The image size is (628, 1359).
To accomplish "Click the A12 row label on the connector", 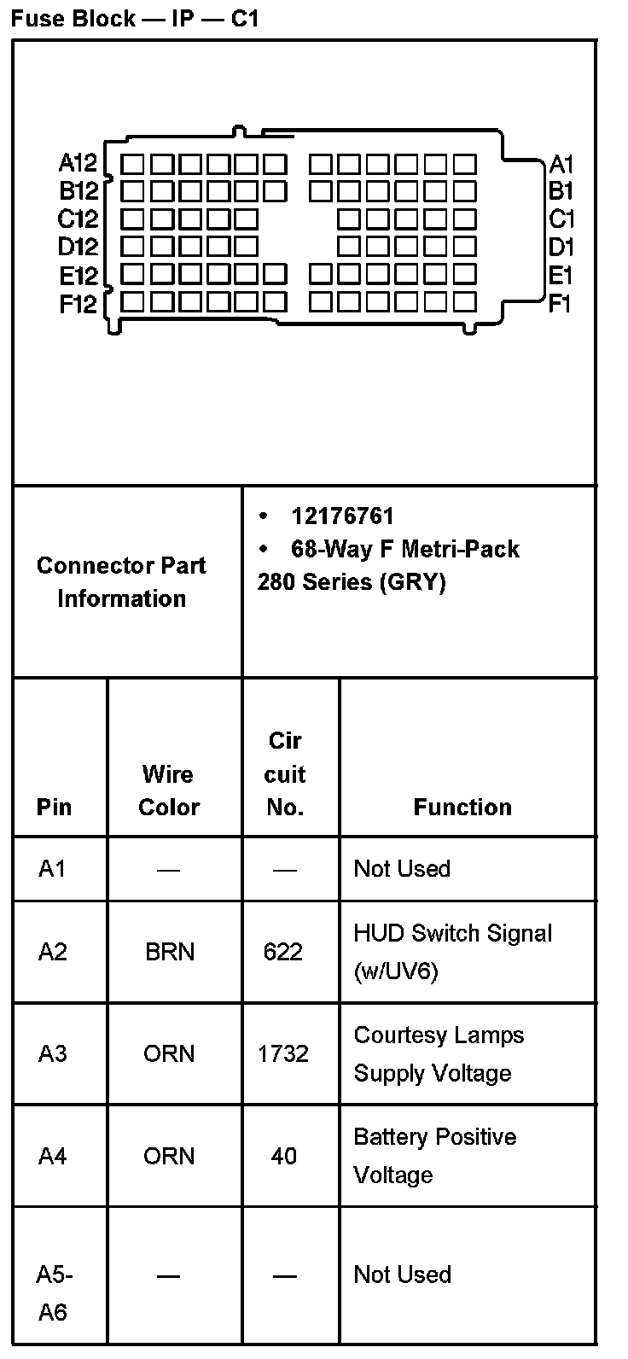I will [x=78, y=163].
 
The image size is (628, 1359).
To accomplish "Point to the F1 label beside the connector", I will [x=561, y=303].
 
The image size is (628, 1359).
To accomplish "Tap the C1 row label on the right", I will [x=561, y=219].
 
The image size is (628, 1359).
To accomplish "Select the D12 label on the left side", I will [x=78, y=247].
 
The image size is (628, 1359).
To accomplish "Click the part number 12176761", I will [x=342, y=516].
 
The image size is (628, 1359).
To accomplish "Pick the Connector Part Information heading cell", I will [x=121, y=581].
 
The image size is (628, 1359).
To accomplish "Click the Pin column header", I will [x=55, y=807].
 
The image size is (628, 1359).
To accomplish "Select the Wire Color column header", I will [x=169, y=790].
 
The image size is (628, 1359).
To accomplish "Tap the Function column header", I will [x=462, y=807].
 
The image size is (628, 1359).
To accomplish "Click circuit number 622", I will [x=283, y=951].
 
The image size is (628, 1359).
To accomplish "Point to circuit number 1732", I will [x=283, y=1053].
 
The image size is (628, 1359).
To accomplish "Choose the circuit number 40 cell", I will [x=283, y=1156].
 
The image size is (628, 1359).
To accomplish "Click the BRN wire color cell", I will [x=169, y=951].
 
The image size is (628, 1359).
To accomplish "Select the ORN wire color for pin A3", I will [x=169, y=1053].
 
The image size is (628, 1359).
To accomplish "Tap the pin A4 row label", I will [x=52, y=1156].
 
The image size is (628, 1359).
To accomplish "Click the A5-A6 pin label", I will [x=54, y=1292].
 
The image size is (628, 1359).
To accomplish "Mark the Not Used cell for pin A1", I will [x=402, y=869].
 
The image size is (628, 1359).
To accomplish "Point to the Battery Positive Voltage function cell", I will [x=435, y=1156].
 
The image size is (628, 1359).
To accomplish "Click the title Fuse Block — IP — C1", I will [x=135, y=18].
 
